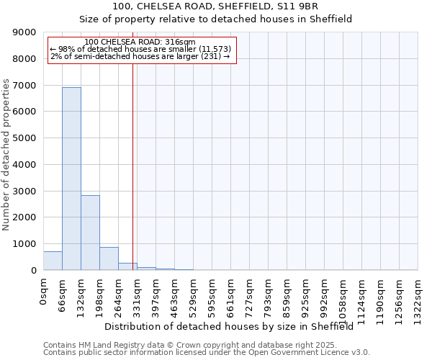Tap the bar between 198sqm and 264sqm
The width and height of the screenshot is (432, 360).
(x=109, y=258)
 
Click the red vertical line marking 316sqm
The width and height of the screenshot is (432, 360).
(x=133, y=166)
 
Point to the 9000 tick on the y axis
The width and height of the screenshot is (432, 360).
(x=24, y=32)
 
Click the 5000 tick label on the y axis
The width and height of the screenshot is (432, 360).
(x=24, y=138)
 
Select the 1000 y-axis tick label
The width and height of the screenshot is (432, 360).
(x=24, y=244)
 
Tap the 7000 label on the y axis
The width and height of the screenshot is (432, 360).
(x=24, y=86)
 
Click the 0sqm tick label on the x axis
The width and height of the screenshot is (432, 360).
(x=44, y=292)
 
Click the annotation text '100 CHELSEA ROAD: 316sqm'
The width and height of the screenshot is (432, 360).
(x=140, y=42)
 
